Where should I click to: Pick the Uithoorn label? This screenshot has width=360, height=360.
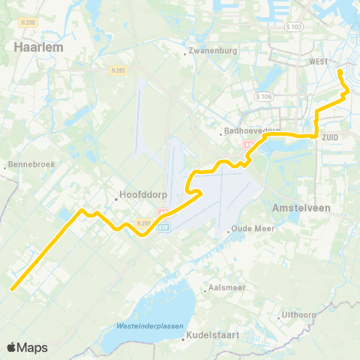(x=298, y=314)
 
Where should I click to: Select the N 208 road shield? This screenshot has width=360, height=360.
(x=29, y=22)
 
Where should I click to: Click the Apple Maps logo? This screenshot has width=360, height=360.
(x=27, y=347)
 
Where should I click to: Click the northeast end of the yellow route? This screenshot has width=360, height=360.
(x=340, y=71)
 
